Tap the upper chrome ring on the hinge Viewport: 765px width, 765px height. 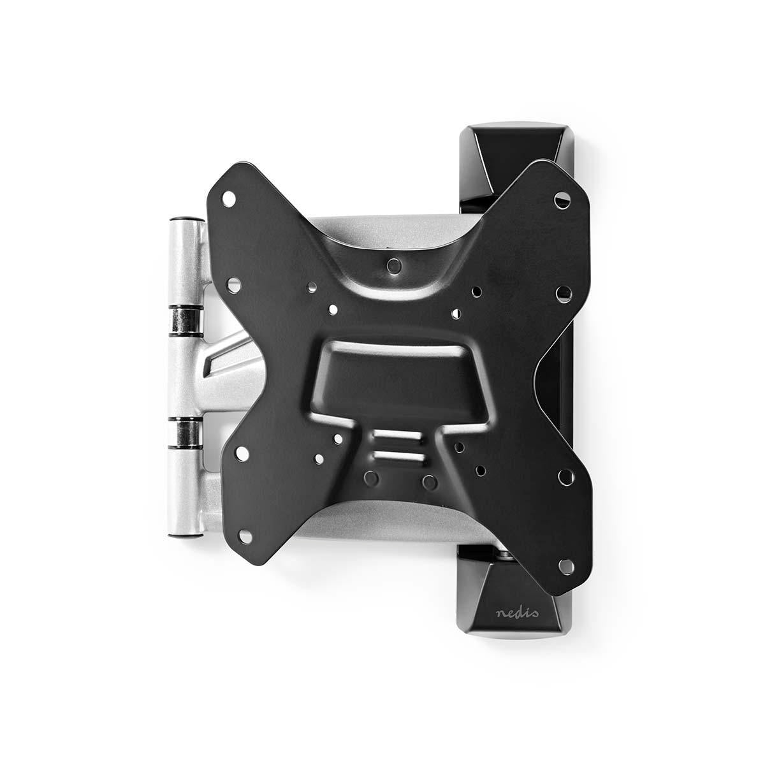pos(184,318)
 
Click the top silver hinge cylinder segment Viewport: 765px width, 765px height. pos(184,261)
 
